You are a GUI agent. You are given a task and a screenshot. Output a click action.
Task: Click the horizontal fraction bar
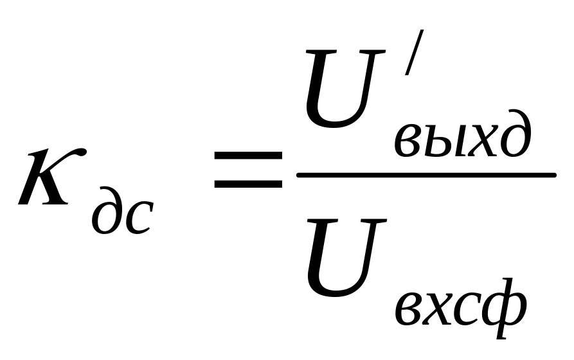(x=425, y=174)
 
